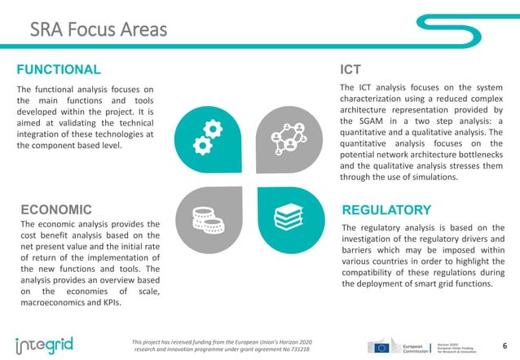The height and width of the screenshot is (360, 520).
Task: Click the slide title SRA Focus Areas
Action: pyautogui.click(x=98, y=30)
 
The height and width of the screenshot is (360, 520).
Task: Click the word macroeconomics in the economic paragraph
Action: pyautogui.click(x=59, y=302)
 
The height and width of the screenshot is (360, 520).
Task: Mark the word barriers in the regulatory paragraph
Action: pyautogui.click(x=359, y=251)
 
